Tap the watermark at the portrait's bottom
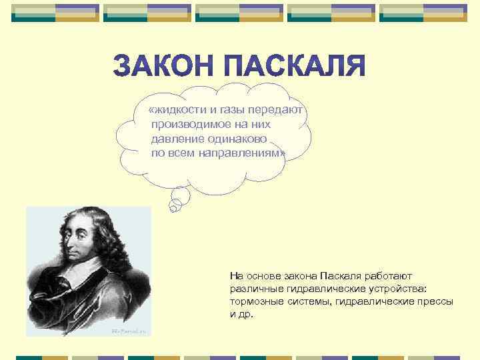(131, 331)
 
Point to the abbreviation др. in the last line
(247, 314)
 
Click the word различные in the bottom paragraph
(254, 289)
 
